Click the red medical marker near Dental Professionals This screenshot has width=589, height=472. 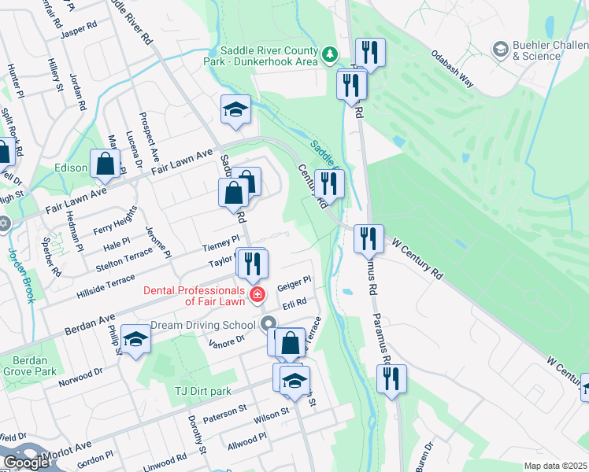click(257, 296)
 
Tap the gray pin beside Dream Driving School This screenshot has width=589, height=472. click(269, 323)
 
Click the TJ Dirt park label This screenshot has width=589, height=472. click(202, 391)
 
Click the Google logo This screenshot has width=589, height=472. click(26, 463)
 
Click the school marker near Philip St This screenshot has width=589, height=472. click(136, 340)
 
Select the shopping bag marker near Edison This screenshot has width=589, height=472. click(105, 164)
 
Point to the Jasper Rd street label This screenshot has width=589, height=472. click(80, 25)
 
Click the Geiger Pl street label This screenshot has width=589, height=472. click(295, 282)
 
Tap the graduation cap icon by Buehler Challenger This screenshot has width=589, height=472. click(499, 50)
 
